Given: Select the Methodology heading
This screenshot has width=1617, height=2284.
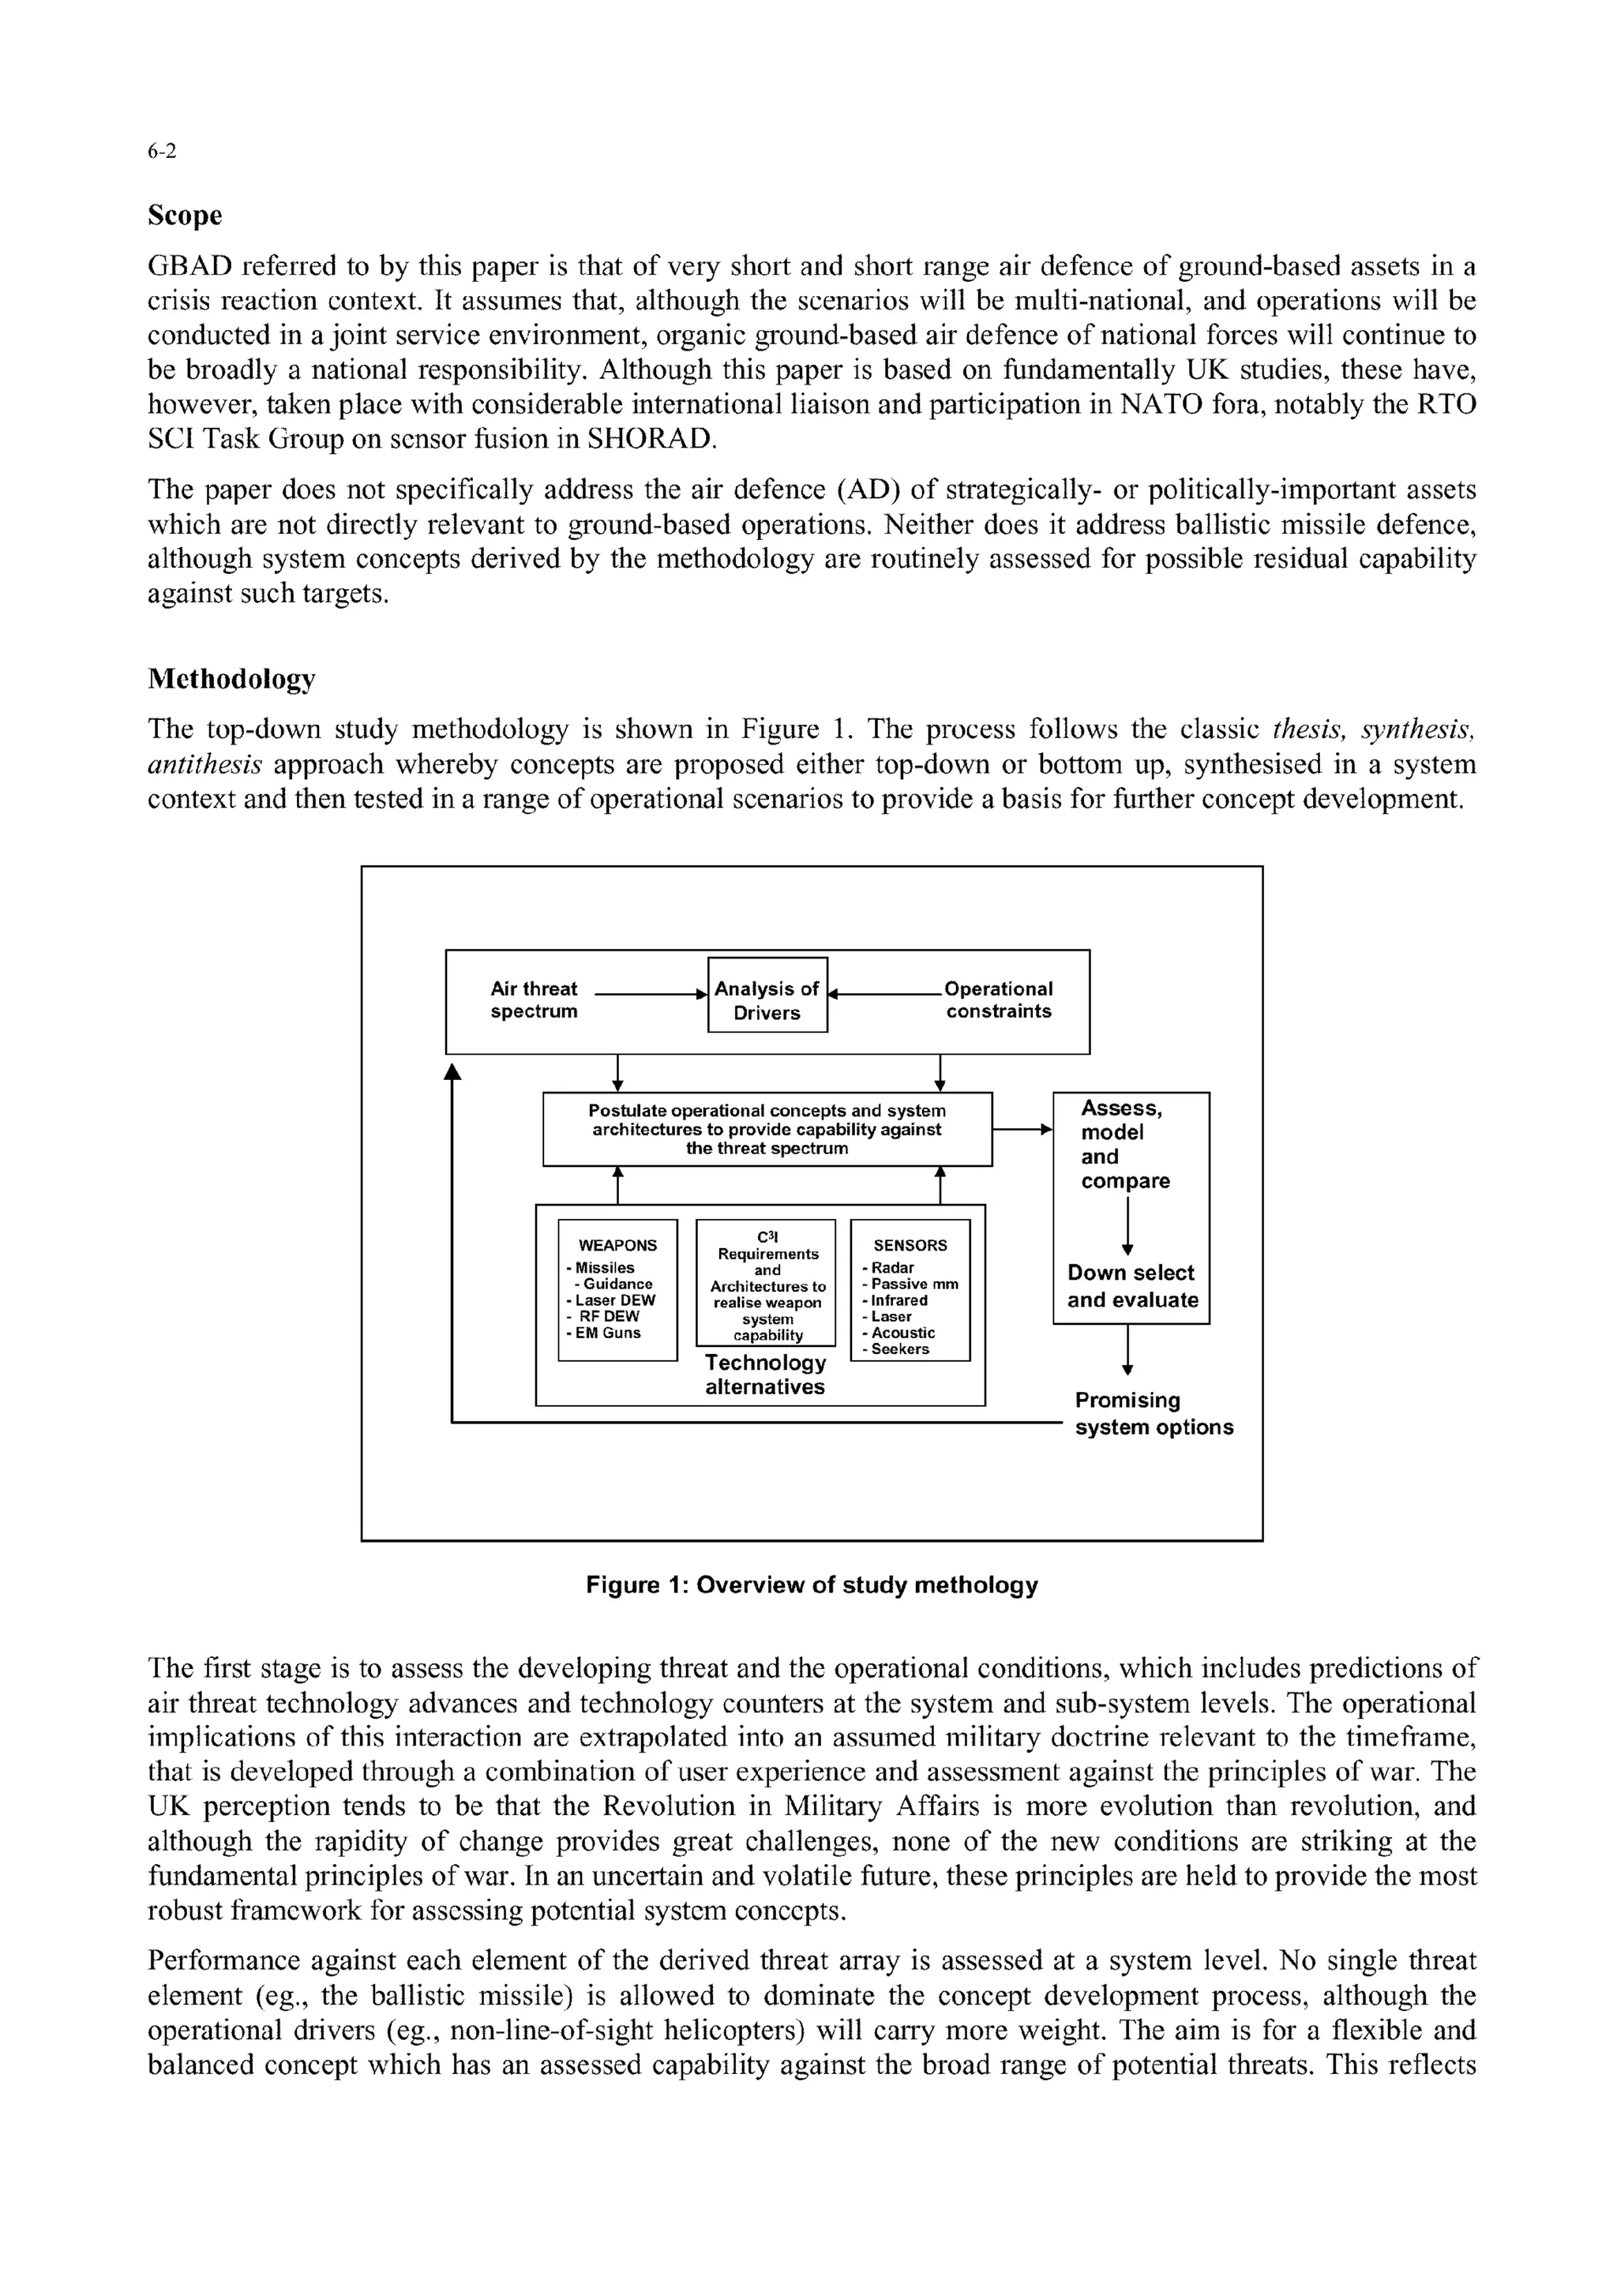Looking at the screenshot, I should point(231,679).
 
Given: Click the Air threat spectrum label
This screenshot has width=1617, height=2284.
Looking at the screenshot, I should point(534,999).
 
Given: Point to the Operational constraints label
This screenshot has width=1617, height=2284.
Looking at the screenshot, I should point(998,999).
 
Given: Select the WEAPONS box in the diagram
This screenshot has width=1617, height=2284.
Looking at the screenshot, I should point(617,1289).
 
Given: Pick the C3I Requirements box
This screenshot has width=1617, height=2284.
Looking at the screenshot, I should point(767,1282).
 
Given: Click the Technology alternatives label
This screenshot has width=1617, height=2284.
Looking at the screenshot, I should point(765,1375).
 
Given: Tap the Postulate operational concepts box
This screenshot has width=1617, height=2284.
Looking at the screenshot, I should point(767,1129).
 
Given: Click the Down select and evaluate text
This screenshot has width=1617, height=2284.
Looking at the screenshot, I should point(1132,1286).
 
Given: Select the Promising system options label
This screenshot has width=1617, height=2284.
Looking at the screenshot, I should point(1153,1414).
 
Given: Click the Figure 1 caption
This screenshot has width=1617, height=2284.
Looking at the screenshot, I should point(812,1585).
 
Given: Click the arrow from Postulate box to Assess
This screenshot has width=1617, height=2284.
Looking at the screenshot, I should point(1022,1129).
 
